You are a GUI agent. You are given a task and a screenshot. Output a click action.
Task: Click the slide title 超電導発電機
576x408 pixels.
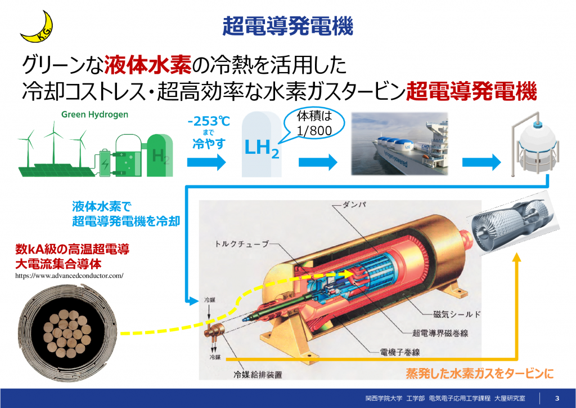coord(287,26)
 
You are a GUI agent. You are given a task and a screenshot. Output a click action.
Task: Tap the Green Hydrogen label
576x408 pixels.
coord(94,114)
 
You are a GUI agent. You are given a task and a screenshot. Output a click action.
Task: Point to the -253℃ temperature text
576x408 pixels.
coord(209,121)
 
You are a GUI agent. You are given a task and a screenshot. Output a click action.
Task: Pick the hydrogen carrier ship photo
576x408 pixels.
coord(400,144)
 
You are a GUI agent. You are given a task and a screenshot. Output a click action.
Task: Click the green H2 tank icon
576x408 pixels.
coord(160,155)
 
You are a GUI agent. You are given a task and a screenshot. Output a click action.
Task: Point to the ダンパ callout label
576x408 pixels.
coord(354,205)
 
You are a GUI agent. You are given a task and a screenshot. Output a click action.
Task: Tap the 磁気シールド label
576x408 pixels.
coord(457,314)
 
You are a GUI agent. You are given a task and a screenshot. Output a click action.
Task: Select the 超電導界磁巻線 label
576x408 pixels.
coord(440,333)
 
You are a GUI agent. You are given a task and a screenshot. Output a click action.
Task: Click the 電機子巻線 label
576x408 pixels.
coord(400,352)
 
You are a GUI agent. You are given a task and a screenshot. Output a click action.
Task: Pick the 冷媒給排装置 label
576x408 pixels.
coord(258,375)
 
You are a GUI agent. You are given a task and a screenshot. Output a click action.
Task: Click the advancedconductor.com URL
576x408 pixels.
coord(69,276)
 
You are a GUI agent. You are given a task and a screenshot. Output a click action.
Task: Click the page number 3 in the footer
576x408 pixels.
coord(557,398)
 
